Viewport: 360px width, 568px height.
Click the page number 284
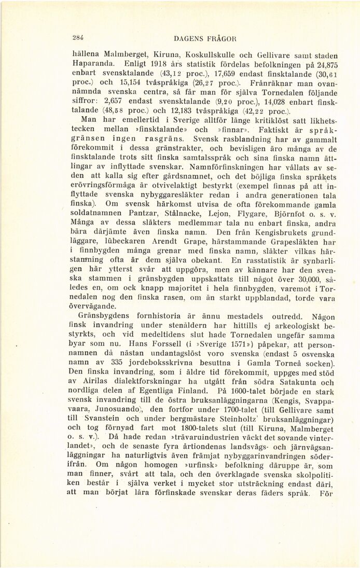(x=79, y=37)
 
